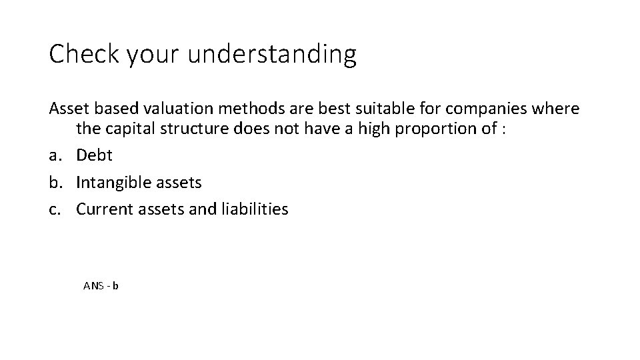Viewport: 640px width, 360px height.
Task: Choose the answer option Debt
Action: click(95, 155)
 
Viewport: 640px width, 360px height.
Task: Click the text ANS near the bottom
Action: click(93, 286)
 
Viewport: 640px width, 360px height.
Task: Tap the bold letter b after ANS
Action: click(115, 286)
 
